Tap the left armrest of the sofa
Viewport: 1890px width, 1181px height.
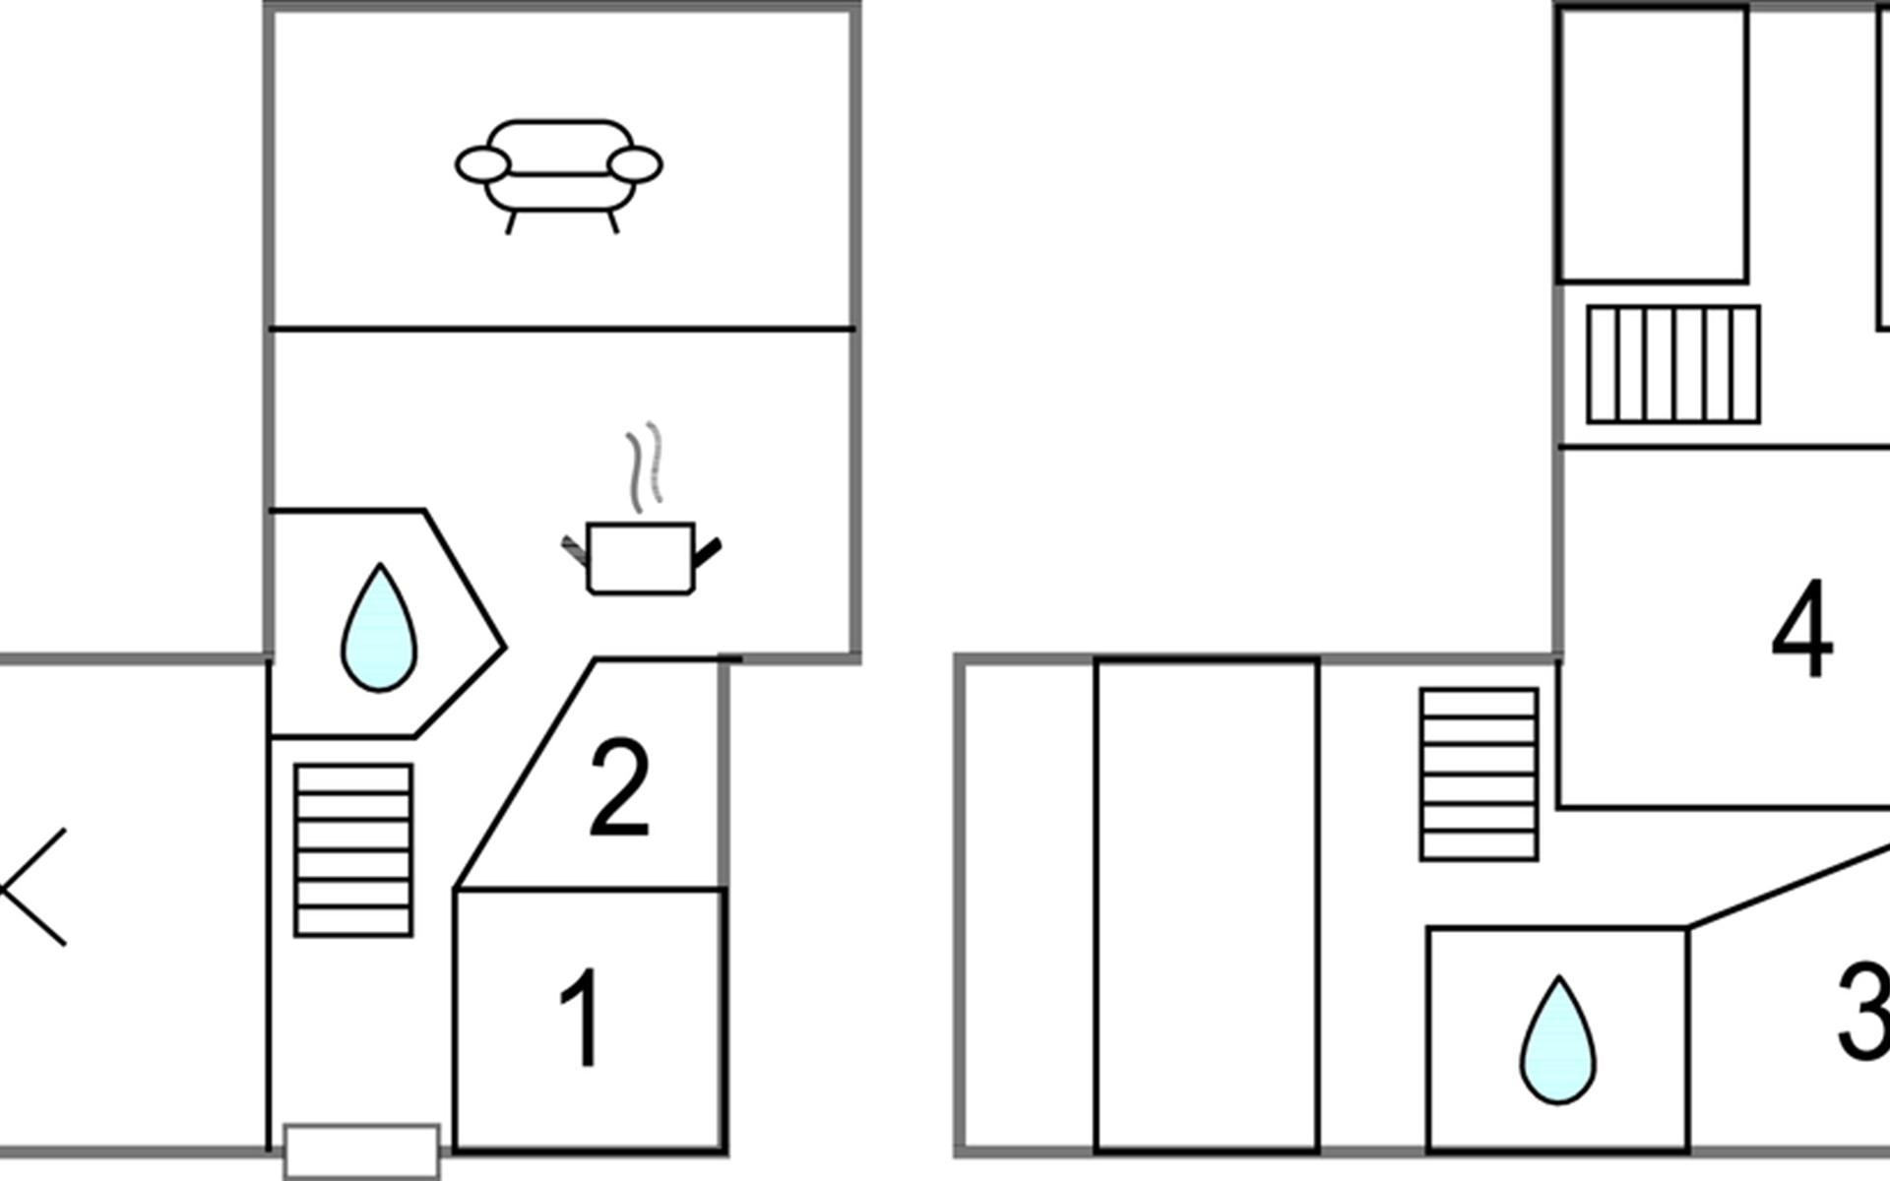483,165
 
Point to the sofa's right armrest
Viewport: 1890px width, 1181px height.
634,165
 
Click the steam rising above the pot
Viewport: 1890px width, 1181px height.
645,466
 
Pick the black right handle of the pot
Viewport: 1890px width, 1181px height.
708,552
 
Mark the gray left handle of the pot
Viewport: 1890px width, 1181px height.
575,550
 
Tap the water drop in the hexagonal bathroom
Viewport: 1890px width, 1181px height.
379,629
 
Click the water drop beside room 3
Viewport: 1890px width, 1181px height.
1558,1040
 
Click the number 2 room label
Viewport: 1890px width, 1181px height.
619,788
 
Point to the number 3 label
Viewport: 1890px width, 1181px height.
1864,1012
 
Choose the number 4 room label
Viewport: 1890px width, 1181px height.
1802,629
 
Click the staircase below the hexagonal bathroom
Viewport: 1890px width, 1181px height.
353,850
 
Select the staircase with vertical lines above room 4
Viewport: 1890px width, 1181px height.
1673,365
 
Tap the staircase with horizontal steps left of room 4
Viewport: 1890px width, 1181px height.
1480,775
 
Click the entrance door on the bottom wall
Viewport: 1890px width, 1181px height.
361,1151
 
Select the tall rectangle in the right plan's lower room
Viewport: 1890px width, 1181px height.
1207,905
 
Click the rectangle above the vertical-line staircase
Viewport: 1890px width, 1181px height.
1654,145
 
